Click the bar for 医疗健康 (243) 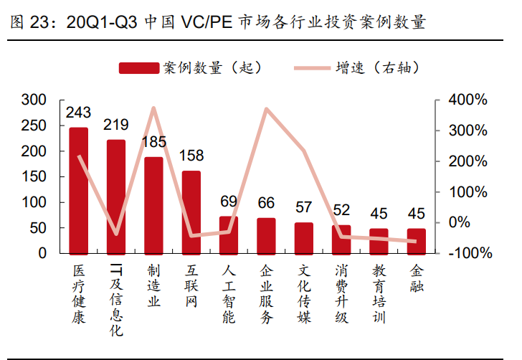78,191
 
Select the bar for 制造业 153,205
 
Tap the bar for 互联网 191,212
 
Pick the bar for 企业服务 266,236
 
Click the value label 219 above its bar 116,125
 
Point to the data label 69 229,202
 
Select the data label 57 303,207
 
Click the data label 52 341,210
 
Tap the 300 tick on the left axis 34,100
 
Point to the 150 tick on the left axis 34,176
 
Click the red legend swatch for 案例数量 138,68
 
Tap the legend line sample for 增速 313,68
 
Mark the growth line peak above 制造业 153,109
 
